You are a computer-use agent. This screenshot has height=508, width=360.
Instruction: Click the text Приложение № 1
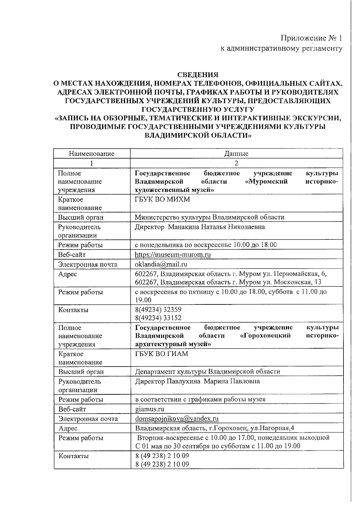311,38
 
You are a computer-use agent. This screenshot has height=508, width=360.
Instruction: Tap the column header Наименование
91,154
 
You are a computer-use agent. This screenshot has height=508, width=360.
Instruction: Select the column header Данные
236,154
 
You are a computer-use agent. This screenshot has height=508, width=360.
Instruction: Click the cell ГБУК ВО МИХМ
162,199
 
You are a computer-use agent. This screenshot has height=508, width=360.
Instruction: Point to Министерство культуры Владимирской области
209,217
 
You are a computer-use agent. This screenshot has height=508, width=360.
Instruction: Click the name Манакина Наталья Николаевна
216,227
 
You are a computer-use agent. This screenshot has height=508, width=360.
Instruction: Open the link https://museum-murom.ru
172,255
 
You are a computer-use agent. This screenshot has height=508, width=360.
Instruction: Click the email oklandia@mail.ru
161,264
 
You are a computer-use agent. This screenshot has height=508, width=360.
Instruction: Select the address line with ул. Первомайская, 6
231,274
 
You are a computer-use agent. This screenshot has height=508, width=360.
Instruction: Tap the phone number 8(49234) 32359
158,310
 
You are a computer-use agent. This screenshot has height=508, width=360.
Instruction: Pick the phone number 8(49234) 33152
158,318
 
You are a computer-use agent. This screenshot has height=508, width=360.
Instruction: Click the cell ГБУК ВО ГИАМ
161,354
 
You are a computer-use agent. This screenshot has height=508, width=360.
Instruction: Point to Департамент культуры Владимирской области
207,372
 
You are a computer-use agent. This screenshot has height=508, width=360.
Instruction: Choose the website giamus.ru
150,409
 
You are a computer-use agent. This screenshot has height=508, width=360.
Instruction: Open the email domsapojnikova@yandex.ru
177,419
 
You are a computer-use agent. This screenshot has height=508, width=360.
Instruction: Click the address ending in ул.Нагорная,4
214,428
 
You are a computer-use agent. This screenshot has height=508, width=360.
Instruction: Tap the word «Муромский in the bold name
266,182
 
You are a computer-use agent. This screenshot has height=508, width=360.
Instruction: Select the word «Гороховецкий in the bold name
265,336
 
